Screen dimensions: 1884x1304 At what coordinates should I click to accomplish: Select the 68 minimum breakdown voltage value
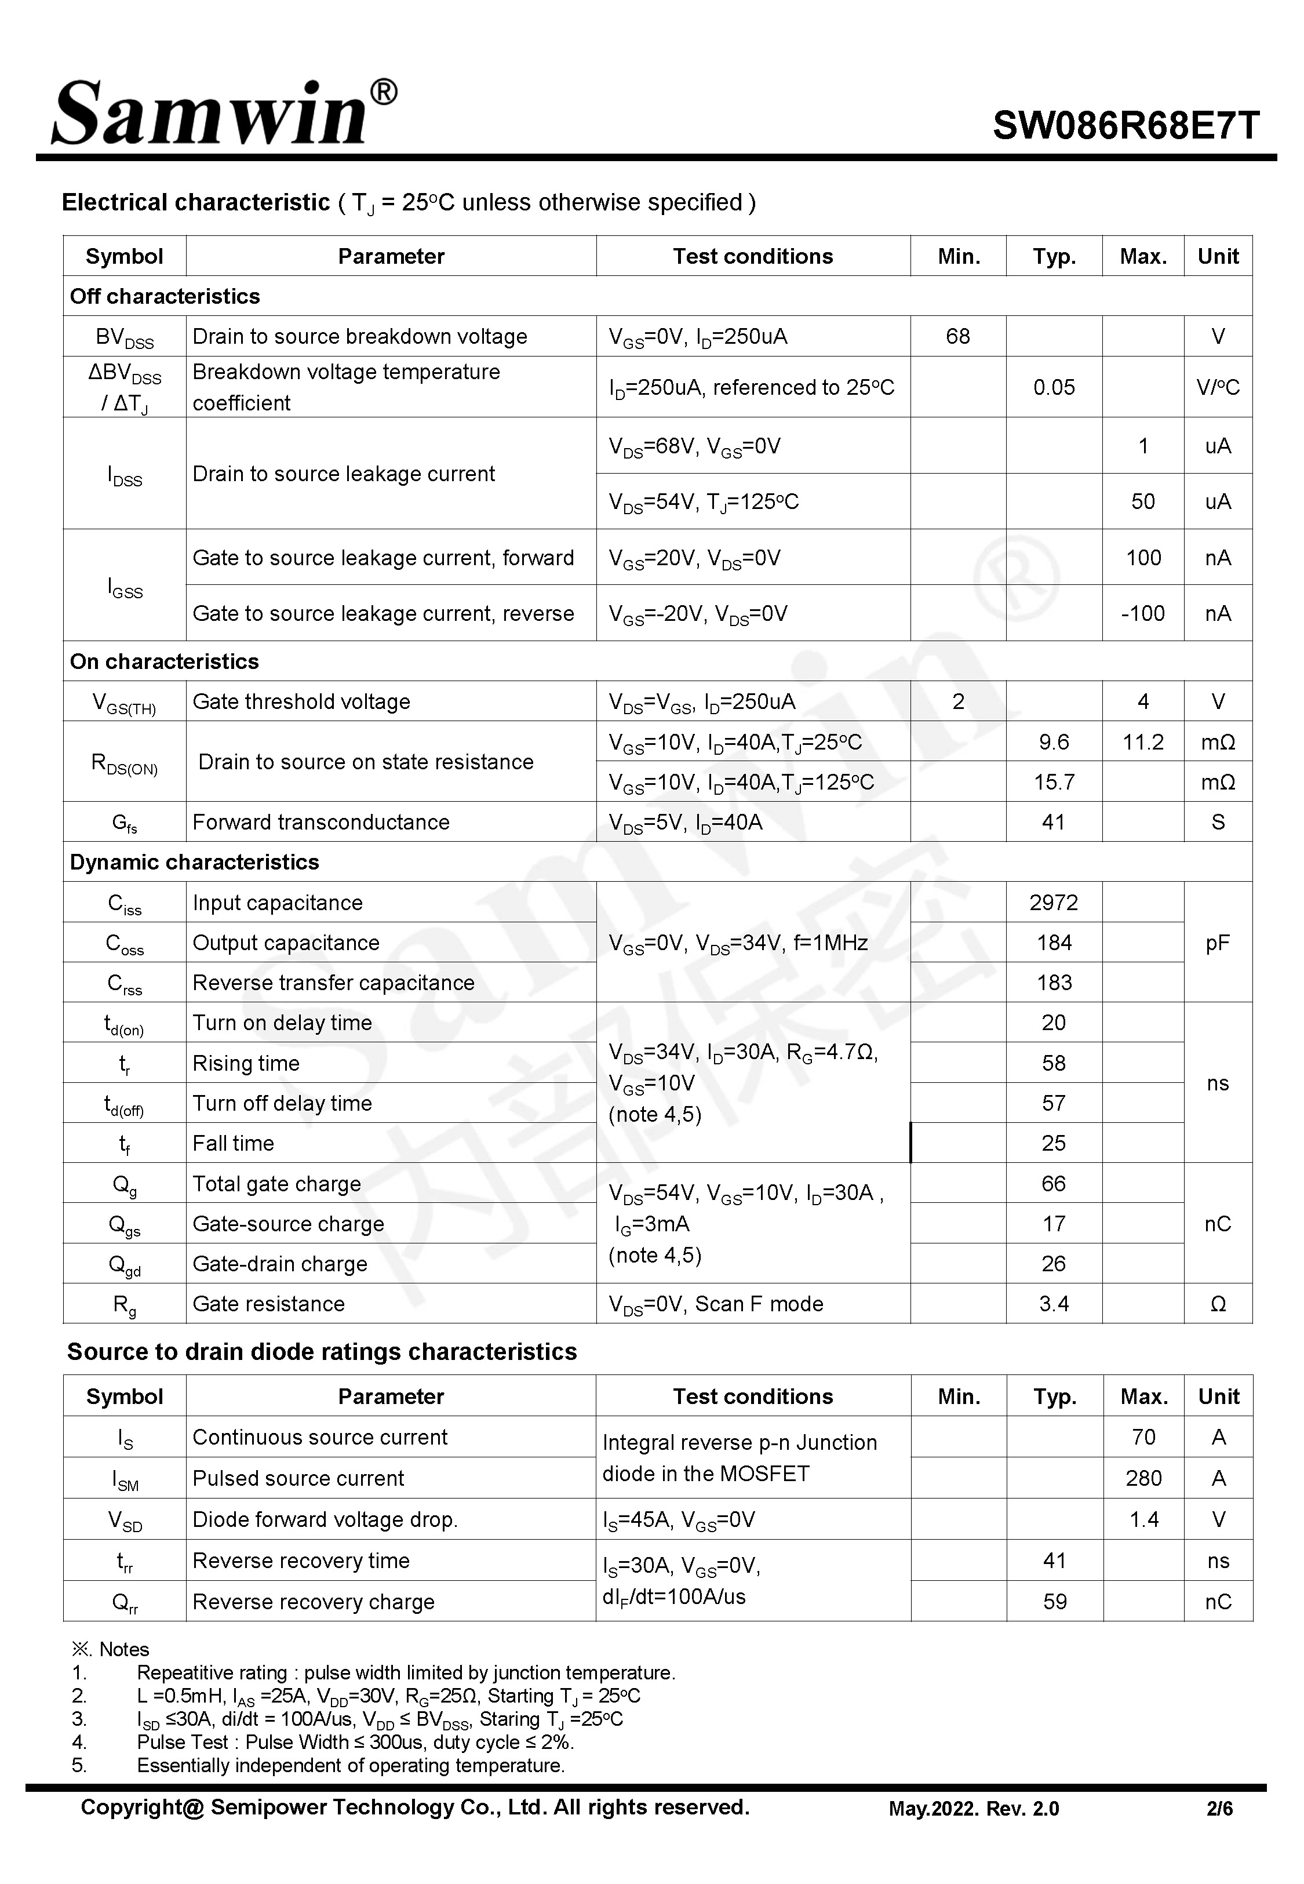[x=957, y=337]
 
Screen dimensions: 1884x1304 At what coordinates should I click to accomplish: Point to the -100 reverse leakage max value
[x=1142, y=613]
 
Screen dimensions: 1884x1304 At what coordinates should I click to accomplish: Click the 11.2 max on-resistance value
[x=1142, y=742]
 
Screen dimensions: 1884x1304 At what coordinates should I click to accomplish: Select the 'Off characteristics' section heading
[x=165, y=297]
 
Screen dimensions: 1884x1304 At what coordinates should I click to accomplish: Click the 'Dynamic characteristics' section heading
[x=195, y=863]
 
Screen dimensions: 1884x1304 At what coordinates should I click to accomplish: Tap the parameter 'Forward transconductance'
[x=321, y=823]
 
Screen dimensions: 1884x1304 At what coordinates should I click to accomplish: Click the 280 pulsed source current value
[x=1143, y=1478]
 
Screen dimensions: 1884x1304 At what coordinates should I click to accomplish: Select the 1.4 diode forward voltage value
[x=1143, y=1519]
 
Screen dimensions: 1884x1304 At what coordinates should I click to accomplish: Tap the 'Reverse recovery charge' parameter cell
[x=314, y=1602]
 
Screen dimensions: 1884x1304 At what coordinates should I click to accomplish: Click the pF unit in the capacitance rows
[x=1218, y=943]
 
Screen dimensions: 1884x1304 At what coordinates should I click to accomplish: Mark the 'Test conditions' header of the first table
[x=752, y=257]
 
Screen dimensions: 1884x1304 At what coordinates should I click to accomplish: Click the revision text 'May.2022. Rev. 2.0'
[x=973, y=1809]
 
